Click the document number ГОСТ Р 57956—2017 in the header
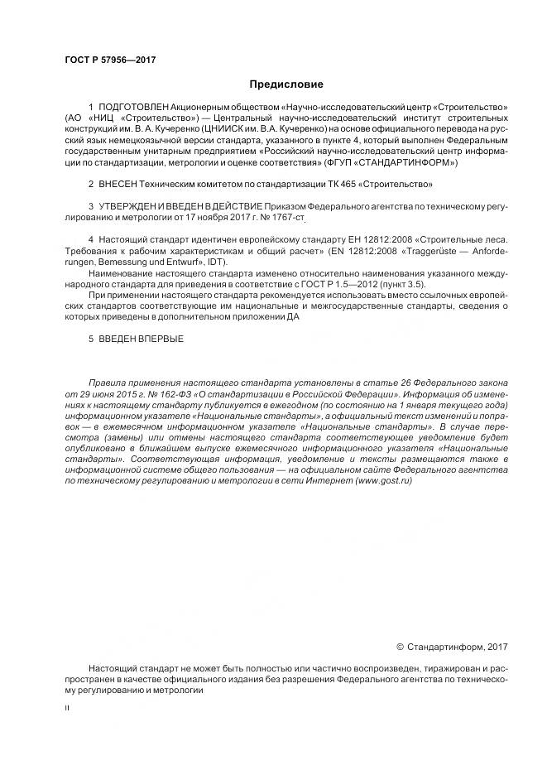pyautogui.click(x=109, y=60)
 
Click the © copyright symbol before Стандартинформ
pyautogui.click(x=401, y=645)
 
